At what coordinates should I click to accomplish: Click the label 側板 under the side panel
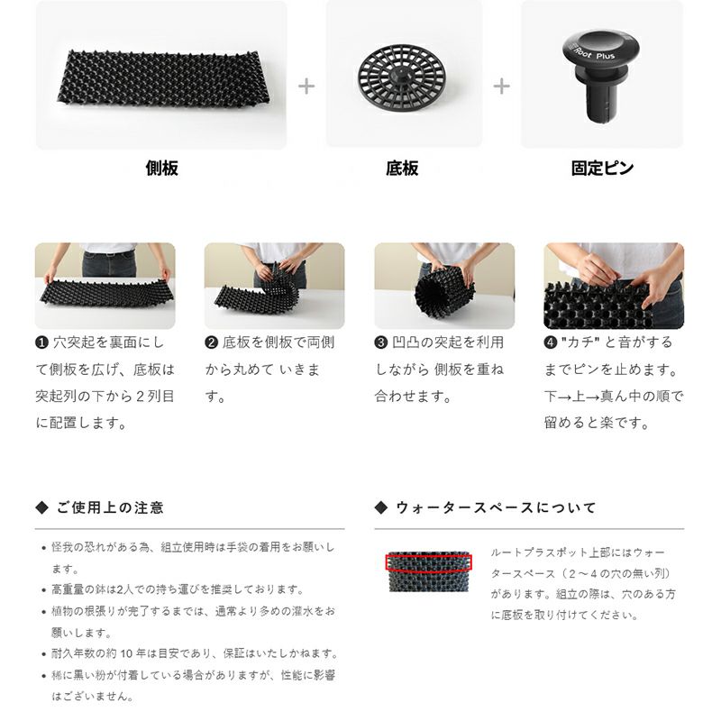click(162, 169)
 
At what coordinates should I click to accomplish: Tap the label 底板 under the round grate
click(402, 169)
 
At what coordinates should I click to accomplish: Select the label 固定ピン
click(602, 169)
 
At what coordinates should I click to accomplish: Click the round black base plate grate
click(403, 77)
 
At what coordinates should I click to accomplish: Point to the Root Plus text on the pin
click(596, 53)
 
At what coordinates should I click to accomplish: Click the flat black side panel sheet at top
click(164, 78)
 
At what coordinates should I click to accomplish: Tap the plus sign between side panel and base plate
click(306, 87)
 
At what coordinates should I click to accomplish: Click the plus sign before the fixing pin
click(502, 87)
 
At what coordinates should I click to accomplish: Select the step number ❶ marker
click(41, 343)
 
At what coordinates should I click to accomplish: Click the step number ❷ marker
click(211, 343)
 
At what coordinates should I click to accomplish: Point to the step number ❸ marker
click(380, 343)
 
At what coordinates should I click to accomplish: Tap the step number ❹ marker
click(551, 343)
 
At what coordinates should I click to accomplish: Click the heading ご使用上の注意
click(110, 507)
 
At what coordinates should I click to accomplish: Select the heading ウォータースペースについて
click(496, 507)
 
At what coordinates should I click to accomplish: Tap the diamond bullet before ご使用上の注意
click(41, 507)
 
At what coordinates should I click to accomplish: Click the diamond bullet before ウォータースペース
click(381, 507)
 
